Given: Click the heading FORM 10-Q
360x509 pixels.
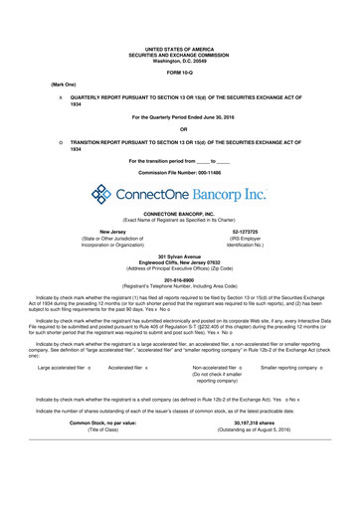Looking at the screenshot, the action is [180, 74].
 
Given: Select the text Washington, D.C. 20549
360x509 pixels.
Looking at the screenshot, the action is [180, 60].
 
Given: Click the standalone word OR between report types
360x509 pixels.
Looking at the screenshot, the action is [180, 128].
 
